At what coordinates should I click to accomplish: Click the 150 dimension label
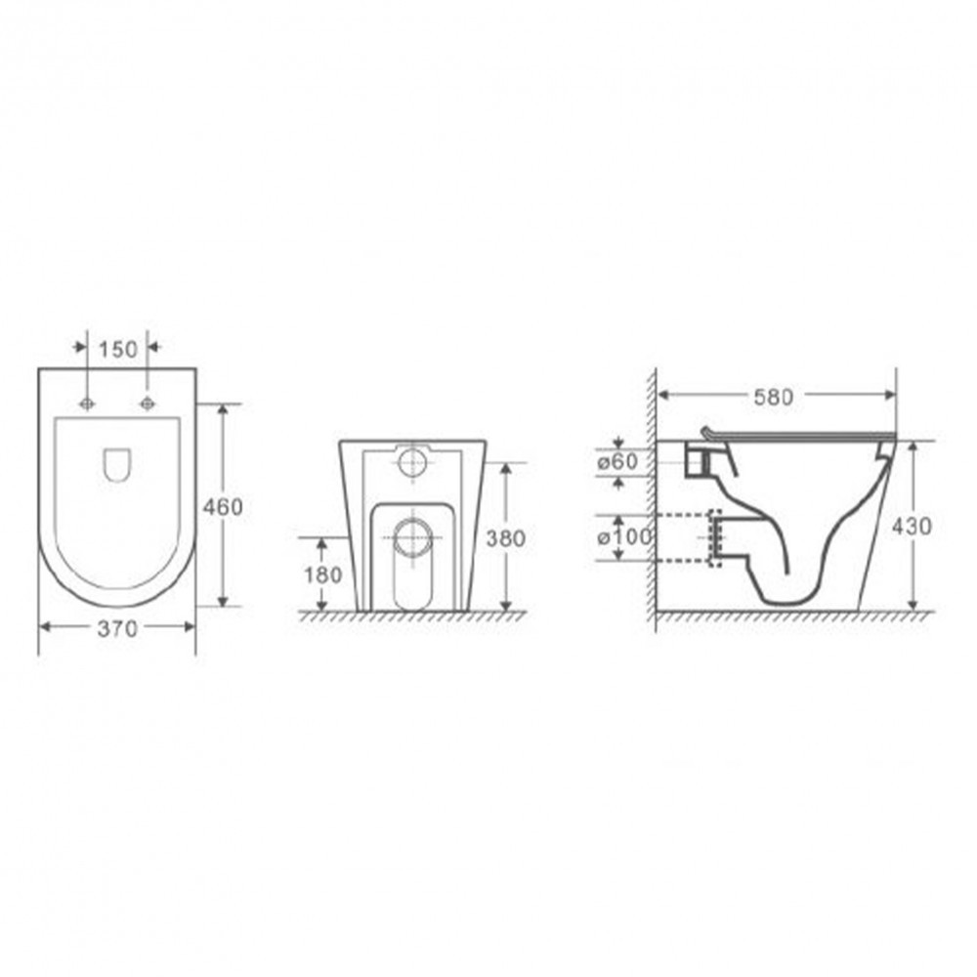(118, 350)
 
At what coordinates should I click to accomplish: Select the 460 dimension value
(223, 507)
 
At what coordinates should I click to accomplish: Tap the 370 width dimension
(117, 628)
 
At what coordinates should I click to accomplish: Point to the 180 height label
(322, 574)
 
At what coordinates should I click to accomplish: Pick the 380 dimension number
(506, 538)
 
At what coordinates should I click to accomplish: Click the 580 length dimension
(773, 397)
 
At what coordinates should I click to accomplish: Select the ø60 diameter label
(618, 462)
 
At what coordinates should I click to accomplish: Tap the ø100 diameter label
(624, 536)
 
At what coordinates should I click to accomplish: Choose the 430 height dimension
(912, 527)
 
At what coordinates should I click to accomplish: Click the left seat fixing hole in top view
(87, 404)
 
